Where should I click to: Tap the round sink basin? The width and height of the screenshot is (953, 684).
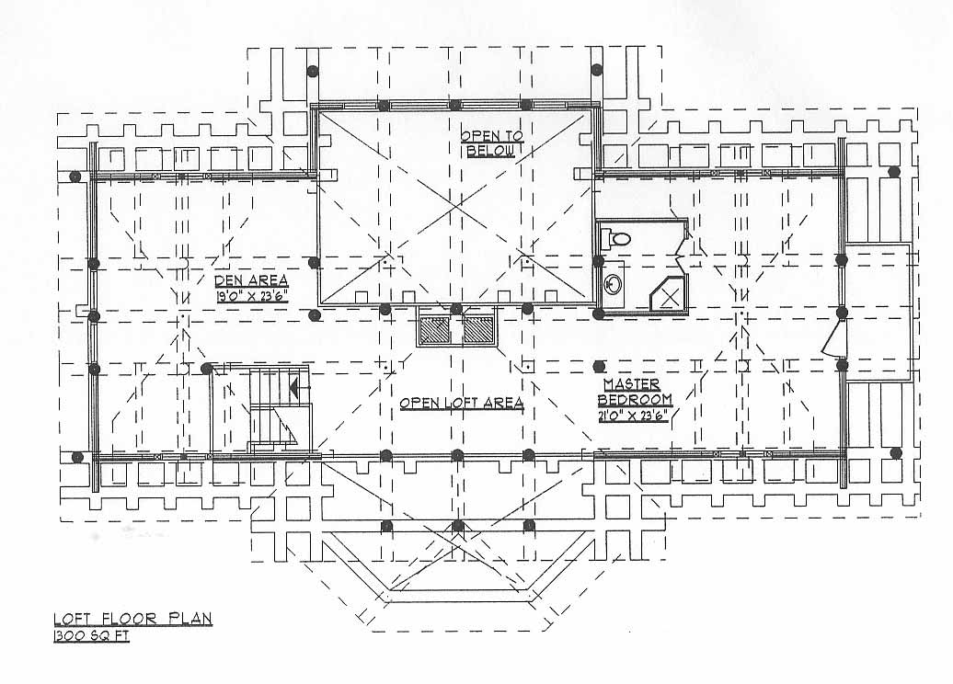coord(613,283)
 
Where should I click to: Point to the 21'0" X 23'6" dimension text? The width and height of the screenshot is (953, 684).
coord(634,416)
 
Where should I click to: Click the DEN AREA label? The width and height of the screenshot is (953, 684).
coord(251,280)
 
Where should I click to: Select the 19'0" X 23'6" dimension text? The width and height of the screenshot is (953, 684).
coord(251,296)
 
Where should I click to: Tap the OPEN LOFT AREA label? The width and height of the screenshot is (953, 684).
coord(461,403)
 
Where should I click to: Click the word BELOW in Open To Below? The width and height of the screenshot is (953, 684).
coord(490,151)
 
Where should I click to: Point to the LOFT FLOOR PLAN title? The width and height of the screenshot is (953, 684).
coord(133,619)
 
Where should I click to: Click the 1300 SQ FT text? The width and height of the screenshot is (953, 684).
coord(92,636)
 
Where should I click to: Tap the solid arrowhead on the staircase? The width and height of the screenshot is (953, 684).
coord(296,387)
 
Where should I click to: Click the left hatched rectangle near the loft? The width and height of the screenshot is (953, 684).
coord(434,330)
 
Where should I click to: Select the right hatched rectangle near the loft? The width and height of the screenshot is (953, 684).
coord(479,330)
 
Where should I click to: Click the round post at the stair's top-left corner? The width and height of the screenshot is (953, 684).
coord(207,368)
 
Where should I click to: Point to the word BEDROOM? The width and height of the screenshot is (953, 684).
coord(635,400)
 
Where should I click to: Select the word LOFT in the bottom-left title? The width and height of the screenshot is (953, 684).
coord(73,619)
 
